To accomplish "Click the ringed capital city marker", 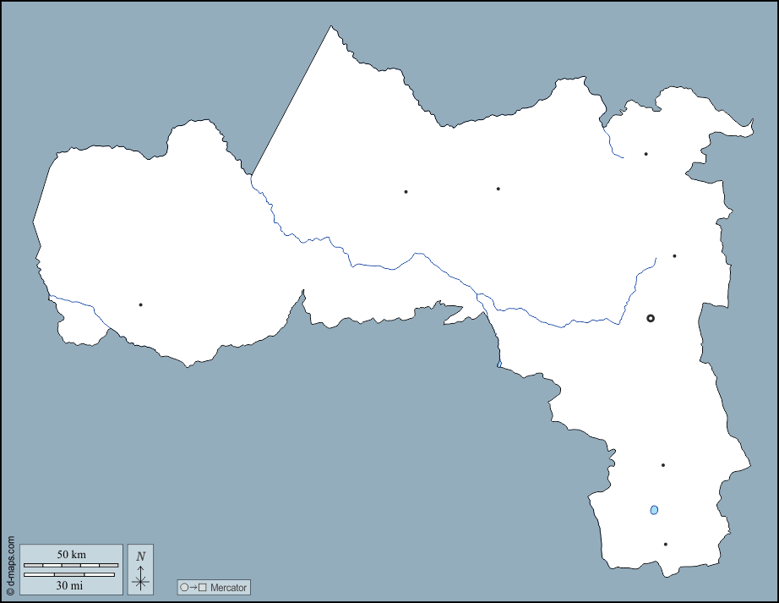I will (x=651, y=318).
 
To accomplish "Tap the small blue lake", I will (x=654, y=510).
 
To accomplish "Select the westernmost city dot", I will (x=140, y=304).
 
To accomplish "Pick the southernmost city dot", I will (x=666, y=545).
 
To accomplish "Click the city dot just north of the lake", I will (x=663, y=465).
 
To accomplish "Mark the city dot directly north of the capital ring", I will (x=674, y=255).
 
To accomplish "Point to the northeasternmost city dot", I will (x=646, y=154).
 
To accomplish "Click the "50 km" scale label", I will (x=71, y=554).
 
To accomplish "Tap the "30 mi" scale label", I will (x=71, y=584).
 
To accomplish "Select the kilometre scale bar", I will (x=71, y=564).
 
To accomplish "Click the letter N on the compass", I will (x=141, y=556).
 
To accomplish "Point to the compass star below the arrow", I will (x=141, y=581).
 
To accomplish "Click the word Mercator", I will (x=229, y=588).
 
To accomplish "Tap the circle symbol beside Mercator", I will (x=184, y=588).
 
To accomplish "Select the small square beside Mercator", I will (x=202, y=588).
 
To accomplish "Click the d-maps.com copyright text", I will (x=10, y=566).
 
